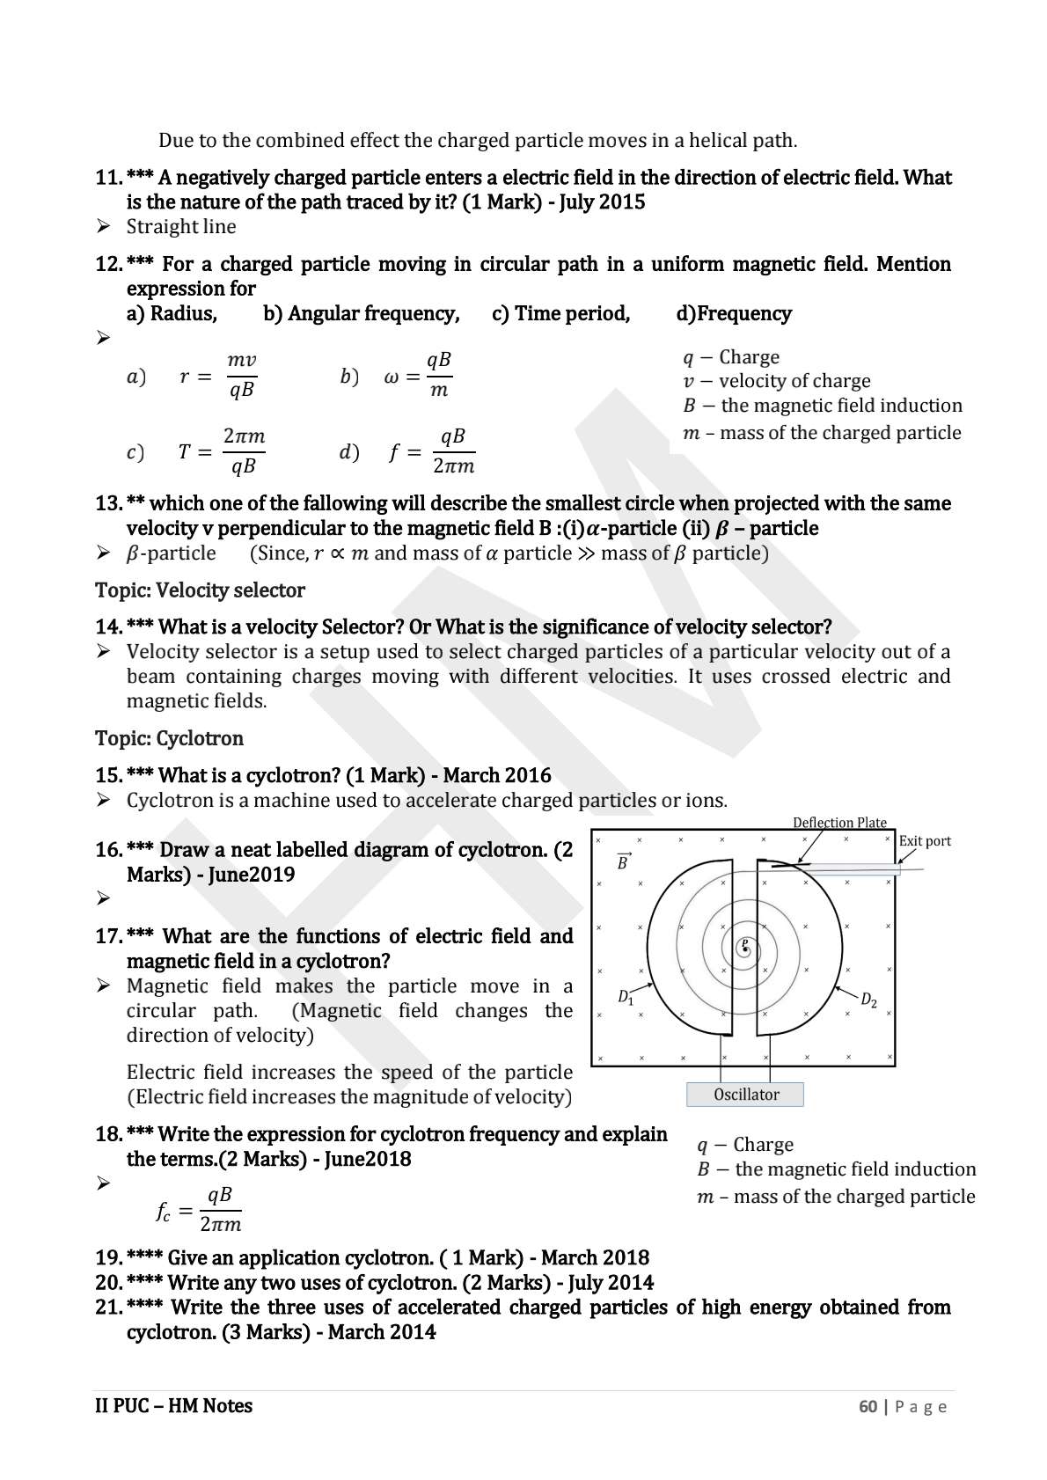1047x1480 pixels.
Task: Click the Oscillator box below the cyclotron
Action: pyautogui.click(x=745, y=1095)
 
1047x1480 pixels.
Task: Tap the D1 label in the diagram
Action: pyautogui.click(x=626, y=997)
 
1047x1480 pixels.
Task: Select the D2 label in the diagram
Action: pyautogui.click(x=868, y=1000)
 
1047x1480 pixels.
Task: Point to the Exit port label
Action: pyautogui.click(x=925, y=840)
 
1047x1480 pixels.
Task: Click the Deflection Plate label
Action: pyautogui.click(x=839, y=822)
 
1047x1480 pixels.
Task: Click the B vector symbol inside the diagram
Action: pyautogui.click(x=623, y=862)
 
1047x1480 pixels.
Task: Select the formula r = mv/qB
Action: pyautogui.click(x=217, y=376)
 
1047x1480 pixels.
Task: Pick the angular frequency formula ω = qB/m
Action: pyautogui.click(x=419, y=376)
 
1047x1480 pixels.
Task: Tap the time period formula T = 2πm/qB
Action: pyautogui.click(x=221, y=451)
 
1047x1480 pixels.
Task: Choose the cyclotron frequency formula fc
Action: pyautogui.click(x=199, y=1210)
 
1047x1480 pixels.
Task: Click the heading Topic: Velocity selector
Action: pyautogui.click(x=200, y=590)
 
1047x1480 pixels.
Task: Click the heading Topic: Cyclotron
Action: pyautogui.click(x=169, y=738)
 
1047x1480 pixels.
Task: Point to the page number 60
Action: pyautogui.click(x=868, y=1406)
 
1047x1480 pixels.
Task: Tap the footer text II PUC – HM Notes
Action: pyautogui.click(x=173, y=1405)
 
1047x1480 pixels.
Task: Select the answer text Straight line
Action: pyautogui.click(x=181, y=226)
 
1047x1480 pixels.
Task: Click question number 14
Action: pyautogui.click(x=107, y=626)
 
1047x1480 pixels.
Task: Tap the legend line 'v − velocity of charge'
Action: pyautogui.click(x=777, y=381)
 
